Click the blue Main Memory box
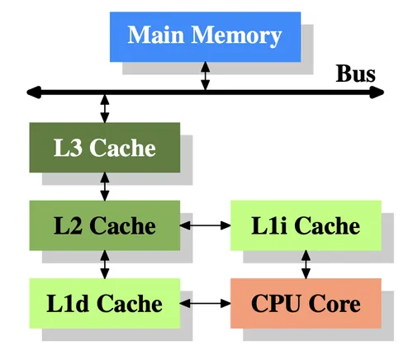[x=205, y=36]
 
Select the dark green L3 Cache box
[x=104, y=148]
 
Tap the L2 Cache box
[x=104, y=225]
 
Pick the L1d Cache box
[x=104, y=303]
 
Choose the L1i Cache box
[x=306, y=225]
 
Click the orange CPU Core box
[x=306, y=303]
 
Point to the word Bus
[x=355, y=73]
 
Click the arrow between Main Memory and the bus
[x=206, y=77]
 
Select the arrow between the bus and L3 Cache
[x=104, y=108]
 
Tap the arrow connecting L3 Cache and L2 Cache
[x=104, y=186]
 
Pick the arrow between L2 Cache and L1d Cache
[x=104, y=263]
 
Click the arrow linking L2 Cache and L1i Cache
[x=205, y=225]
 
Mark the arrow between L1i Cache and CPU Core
[x=306, y=263]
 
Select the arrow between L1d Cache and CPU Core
[x=205, y=303]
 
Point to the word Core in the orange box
[x=334, y=303]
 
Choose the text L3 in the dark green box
[x=69, y=148]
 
